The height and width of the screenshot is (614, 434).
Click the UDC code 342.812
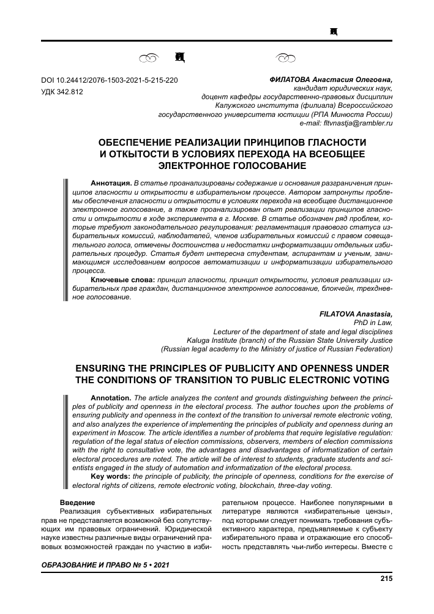(62, 91)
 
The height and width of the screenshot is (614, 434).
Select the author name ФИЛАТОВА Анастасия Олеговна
(331, 80)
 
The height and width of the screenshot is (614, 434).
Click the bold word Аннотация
(111, 183)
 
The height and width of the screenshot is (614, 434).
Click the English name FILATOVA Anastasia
(356, 313)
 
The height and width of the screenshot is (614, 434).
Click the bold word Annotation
(111, 397)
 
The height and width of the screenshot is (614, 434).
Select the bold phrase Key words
(110, 476)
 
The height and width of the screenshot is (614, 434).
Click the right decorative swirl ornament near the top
(285, 59)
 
